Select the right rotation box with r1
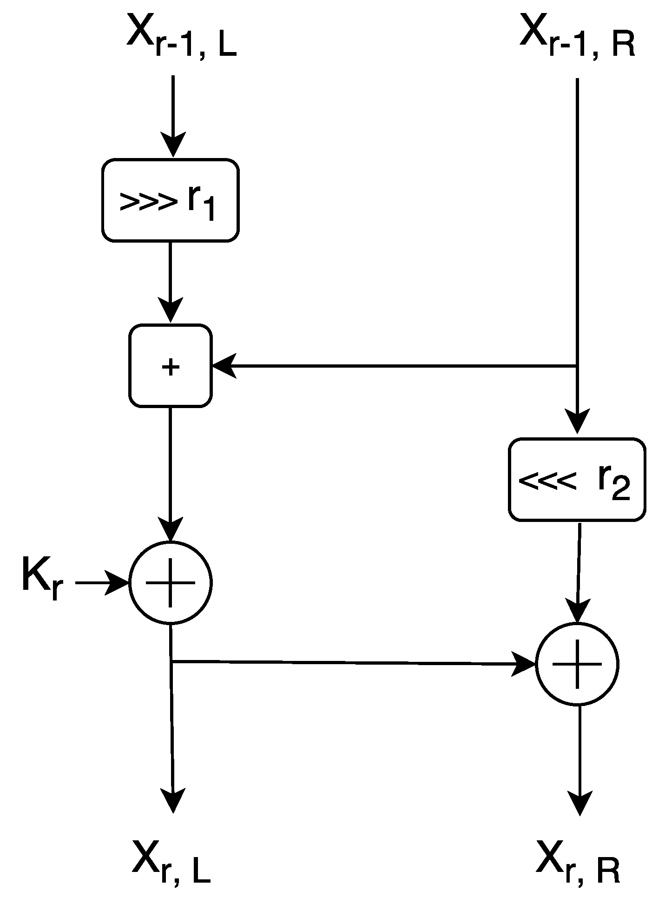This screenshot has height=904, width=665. point(170,200)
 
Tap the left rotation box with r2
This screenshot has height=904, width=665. point(577,479)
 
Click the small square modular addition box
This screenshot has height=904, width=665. point(171,366)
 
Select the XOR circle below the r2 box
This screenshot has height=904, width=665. point(577,664)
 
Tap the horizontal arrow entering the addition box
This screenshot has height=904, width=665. point(395,366)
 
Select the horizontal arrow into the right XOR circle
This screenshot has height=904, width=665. point(353,662)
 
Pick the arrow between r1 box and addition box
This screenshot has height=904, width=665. point(170,281)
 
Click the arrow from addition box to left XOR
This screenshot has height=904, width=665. point(170,472)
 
